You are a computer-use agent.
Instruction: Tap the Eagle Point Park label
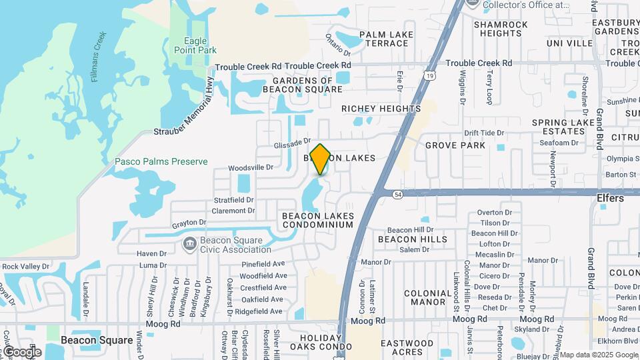pos(195,45)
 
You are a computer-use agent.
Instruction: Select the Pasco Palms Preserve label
pos(161,161)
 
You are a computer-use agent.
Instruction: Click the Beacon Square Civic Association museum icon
pos(189,244)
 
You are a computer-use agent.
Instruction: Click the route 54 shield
pos(398,194)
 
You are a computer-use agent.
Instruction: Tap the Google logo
pos(21,352)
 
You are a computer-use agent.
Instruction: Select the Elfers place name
pos(610,198)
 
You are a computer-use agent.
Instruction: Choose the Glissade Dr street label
pos(293,143)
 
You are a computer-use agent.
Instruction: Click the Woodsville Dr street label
pos(251,167)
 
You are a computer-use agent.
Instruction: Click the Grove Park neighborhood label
pos(455,145)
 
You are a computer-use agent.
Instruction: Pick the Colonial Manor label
pos(427,297)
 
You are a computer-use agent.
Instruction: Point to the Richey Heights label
pos(381,109)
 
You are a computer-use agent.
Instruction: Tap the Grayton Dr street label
pos(189,222)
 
